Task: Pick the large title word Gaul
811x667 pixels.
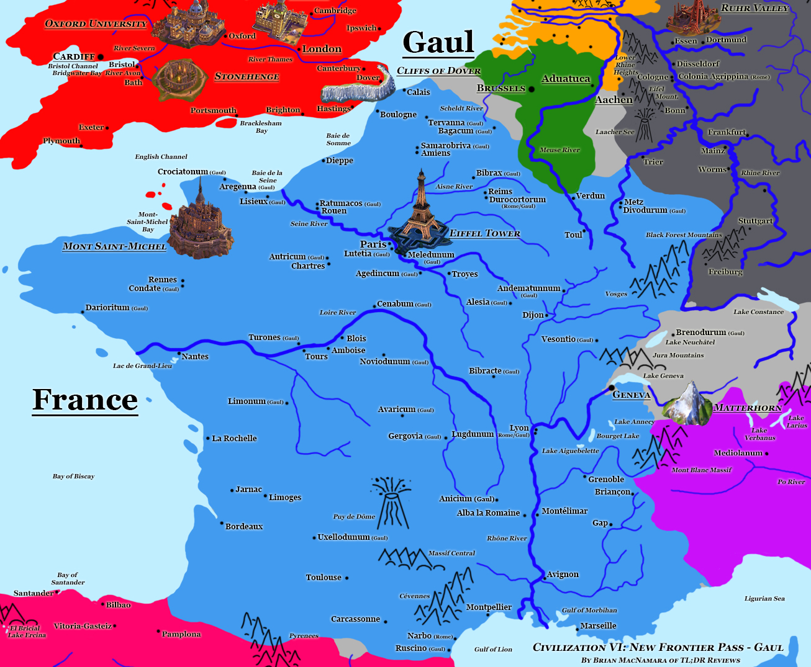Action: coord(438,43)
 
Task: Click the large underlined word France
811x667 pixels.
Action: coord(85,400)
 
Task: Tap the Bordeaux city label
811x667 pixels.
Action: coord(244,526)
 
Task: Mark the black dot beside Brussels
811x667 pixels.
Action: coord(531,89)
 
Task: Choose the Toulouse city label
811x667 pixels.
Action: coord(324,577)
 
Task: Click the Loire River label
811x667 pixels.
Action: coord(338,312)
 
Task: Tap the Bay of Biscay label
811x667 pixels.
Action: coord(74,476)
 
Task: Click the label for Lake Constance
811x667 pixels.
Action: coord(758,311)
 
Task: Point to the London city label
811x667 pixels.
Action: coord(322,49)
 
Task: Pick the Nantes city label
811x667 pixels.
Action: coord(195,356)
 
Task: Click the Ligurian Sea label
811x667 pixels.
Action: coord(764,598)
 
